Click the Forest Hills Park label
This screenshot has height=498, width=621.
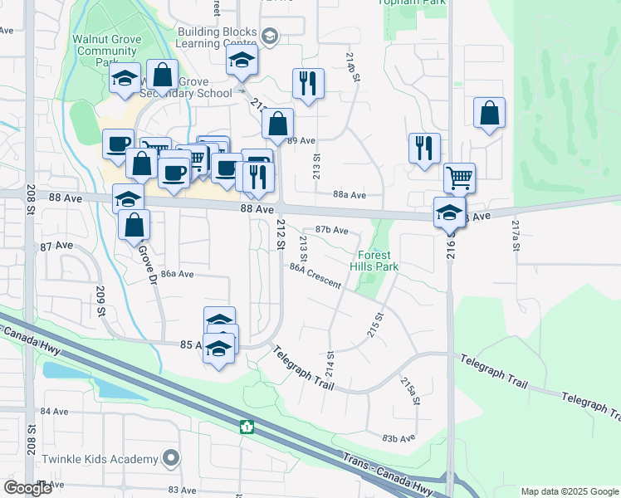(x=379, y=261)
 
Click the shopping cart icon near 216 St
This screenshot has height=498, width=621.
(x=458, y=178)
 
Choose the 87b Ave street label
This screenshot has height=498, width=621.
(x=331, y=230)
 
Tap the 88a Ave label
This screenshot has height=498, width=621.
(x=350, y=195)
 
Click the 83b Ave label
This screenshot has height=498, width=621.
(x=399, y=437)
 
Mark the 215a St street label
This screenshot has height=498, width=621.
(x=407, y=390)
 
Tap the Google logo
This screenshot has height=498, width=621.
(x=27, y=487)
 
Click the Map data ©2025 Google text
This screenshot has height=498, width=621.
(x=569, y=491)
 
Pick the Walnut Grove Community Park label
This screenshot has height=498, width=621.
(x=105, y=50)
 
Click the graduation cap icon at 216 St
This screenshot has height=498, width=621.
(x=449, y=212)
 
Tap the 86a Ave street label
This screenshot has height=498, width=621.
(x=177, y=274)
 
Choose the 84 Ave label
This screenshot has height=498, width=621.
(x=54, y=411)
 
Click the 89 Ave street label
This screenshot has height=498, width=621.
(x=302, y=141)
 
